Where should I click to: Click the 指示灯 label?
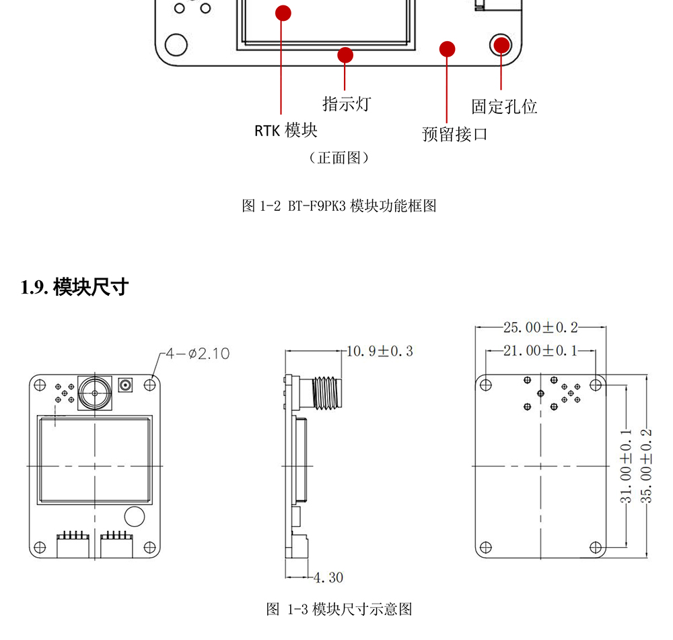click(347, 104)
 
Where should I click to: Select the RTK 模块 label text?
click(285, 130)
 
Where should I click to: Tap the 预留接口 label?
click(454, 134)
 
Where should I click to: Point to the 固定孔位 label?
click(504, 106)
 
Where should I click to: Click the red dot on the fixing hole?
click(501, 44)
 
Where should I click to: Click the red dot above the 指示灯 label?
click(345, 54)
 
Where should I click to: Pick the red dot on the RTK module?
click(283, 13)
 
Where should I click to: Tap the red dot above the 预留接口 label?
click(447, 49)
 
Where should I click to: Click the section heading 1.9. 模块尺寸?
click(74, 288)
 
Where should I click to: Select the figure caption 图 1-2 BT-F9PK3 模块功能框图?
click(339, 206)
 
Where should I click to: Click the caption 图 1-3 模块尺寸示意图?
click(339, 610)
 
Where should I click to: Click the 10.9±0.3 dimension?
click(380, 351)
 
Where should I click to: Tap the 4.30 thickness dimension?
click(328, 577)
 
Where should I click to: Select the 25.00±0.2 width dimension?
click(540, 327)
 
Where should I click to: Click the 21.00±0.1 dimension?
click(540, 351)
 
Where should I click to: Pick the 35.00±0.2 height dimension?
click(647, 465)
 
